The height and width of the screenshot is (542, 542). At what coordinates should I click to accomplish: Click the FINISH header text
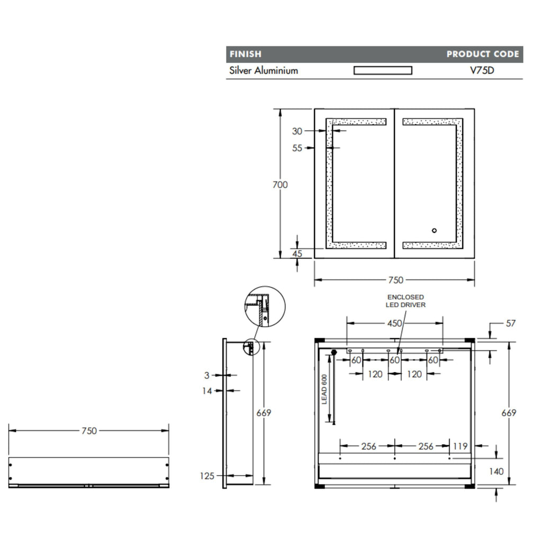click(246, 55)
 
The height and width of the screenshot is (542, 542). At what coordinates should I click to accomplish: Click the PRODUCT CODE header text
click(483, 55)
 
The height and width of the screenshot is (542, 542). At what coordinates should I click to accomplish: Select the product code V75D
click(482, 70)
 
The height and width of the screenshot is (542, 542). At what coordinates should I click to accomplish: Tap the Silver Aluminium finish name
click(264, 70)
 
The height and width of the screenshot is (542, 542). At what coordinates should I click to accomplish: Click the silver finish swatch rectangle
click(383, 70)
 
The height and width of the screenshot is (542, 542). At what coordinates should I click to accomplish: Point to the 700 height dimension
click(280, 185)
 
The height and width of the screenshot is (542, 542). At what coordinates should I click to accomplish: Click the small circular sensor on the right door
click(434, 231)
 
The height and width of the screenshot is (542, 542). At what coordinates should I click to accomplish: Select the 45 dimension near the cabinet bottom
click(297, 254)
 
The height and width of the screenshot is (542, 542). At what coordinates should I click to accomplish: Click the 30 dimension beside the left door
click(297, 131)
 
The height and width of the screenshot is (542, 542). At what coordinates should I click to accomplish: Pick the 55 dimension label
click(297, 148)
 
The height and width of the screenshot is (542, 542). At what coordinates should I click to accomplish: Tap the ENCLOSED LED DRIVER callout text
click(405, 301)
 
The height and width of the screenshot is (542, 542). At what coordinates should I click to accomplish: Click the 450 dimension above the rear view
click(394, 323)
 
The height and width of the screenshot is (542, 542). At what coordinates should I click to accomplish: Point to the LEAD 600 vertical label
click(324, 389)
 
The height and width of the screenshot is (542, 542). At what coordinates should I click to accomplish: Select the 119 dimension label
click(460, 446)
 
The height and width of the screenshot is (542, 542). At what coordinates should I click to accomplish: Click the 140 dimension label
click(496, 472)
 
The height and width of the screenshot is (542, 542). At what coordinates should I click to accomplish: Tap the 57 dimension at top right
click(511, 323)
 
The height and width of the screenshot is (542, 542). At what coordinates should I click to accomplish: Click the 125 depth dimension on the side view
click(207, 476)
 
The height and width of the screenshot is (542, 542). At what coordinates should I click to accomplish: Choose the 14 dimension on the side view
click(207, 391)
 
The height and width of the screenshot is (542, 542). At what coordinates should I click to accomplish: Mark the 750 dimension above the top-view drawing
click(89, 431)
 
